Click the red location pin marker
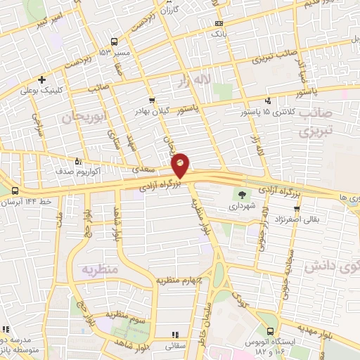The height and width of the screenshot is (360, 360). coord(181,166)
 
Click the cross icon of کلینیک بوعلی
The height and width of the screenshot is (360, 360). coord(43,79)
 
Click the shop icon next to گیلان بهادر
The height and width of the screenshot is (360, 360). coord(152,101)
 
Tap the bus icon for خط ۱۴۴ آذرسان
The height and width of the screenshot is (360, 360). coord(15,190)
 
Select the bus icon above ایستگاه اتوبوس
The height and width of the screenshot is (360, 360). coord(272,330)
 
